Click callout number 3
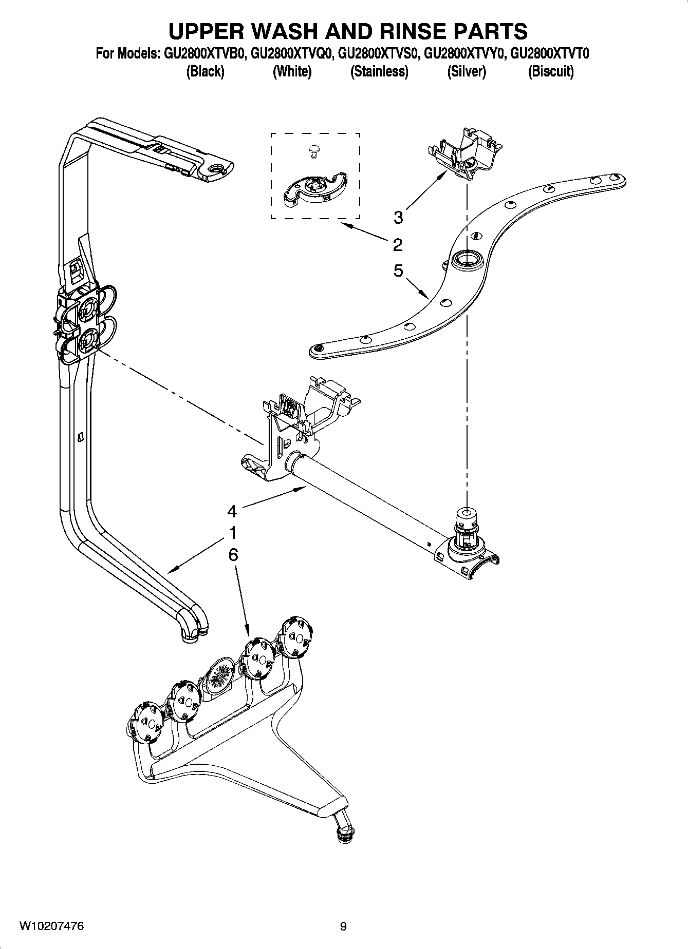click(398, 218)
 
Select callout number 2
click(398, 245)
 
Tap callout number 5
click(398, 270)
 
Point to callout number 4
click(232, 511)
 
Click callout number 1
click(233, 533)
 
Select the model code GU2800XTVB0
click(204, 54)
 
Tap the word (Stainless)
click(379, 71)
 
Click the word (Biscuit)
click(551, 71)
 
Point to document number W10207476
click(52, 926)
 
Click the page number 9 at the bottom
click(343, 926)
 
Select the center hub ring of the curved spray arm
click(467, 258)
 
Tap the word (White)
click(292, 71)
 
